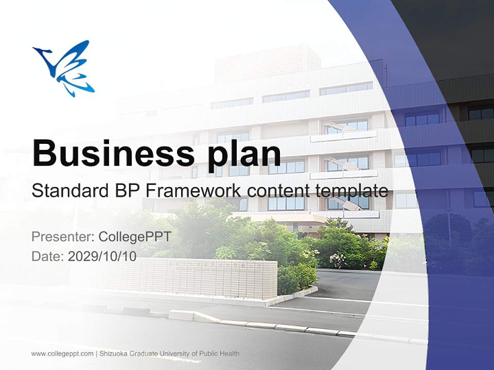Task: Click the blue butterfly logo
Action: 65,68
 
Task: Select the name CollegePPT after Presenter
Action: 134,237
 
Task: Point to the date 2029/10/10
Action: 102,256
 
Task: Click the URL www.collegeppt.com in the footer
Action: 62,354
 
